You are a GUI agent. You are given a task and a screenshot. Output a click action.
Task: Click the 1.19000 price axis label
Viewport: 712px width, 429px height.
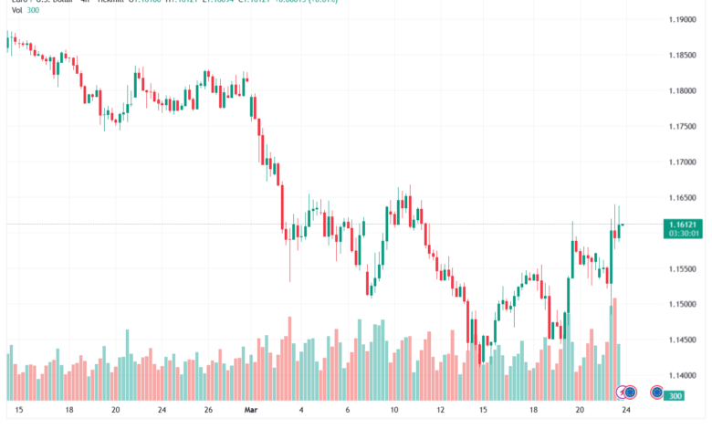682,18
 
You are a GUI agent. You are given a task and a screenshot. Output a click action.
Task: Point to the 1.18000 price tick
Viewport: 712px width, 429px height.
682,90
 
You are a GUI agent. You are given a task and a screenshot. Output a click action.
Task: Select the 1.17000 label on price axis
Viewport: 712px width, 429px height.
682,162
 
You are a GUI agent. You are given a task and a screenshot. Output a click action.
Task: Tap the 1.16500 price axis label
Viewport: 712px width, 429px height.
682,197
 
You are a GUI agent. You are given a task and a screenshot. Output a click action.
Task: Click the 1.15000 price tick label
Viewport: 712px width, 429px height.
682,304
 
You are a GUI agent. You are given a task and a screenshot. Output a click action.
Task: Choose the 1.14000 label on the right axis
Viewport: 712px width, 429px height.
682,375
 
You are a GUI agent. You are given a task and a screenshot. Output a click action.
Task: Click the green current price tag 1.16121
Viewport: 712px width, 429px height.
683,224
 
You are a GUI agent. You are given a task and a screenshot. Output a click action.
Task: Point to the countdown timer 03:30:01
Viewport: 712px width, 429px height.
683,234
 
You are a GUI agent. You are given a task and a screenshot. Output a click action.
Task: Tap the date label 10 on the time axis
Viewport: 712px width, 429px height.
393,411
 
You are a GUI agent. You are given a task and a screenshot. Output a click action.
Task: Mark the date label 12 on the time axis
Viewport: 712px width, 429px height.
440,411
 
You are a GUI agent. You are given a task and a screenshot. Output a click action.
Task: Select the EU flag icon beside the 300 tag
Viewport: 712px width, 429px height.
656,392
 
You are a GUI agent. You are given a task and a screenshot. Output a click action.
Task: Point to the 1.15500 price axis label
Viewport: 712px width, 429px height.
682,268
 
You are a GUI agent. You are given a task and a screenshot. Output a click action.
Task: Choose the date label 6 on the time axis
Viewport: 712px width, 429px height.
348,411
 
